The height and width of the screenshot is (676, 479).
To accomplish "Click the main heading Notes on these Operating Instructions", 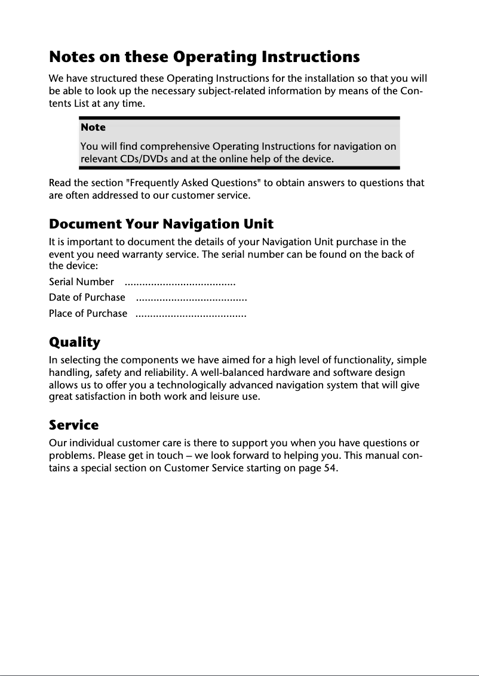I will coord(204,57).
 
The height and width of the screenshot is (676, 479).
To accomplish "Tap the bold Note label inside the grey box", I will coord(93,127).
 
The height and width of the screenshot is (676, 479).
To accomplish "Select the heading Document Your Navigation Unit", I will coord(161,224).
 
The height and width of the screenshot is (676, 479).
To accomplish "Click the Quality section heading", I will coord(74,342).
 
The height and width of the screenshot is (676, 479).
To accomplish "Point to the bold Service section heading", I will coord(73,425).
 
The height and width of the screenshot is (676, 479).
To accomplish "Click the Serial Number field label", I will coord(81,282).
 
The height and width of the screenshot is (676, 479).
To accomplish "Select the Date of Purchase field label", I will coord(87,297).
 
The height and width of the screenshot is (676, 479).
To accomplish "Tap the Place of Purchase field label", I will coord(88,313).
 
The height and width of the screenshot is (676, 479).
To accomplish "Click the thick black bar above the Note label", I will coord(239,119).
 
